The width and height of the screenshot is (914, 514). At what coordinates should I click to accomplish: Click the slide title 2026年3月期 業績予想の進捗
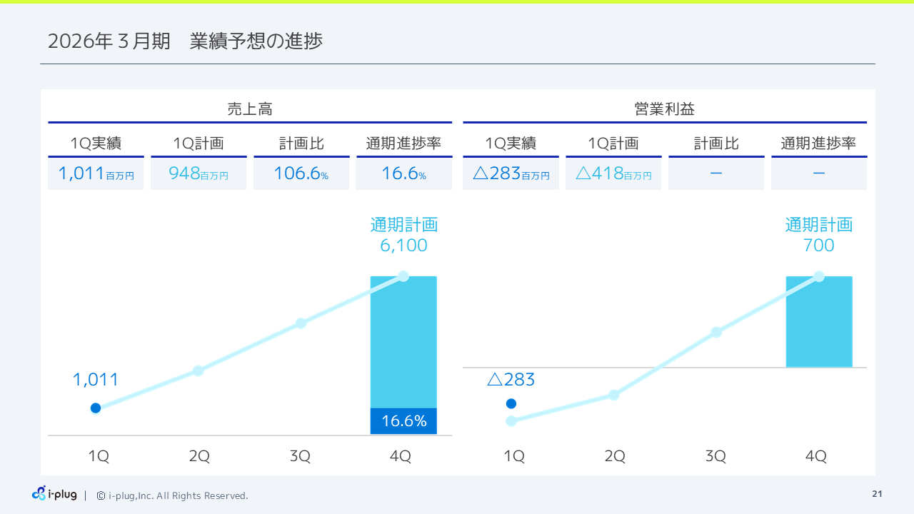pyautogui.click(x=185, y=41)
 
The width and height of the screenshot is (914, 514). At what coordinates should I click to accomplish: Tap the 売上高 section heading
pyautogui.click(x=250, y=109)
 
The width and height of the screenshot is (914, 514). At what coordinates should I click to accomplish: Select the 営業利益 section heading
pyautogui.click(x=665, y=109)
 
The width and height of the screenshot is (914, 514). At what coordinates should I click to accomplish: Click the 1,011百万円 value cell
pyautogui.click(x=96, y=174)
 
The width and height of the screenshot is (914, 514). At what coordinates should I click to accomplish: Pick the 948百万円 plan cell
pyautogui.click(x=199, y=174)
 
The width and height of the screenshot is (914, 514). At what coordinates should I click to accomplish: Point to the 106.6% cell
pyautogui.click(x=301, y=174)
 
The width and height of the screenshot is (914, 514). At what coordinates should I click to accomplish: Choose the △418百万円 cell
pyautogui.click(x=613, y=174)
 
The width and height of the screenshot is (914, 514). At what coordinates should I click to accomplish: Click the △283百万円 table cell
pyautogui.click(x=511, y=174)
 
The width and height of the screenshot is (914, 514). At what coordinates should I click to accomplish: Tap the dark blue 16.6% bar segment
pyautogui.click(x=403, y=421)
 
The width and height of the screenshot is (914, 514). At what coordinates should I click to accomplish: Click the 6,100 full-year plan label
pyautogui.click(x=403, y=246)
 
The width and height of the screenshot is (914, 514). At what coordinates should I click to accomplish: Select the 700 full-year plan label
pyautogui.click(x=818, y=246)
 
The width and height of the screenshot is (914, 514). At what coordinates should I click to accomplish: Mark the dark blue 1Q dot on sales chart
pyautogui.click(x=96, y=408)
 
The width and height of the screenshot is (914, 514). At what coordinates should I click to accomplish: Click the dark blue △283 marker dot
pyautogui.click(x=511, y=403)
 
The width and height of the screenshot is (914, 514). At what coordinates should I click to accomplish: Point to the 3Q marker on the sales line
pyautogui.click(x=301, y=323)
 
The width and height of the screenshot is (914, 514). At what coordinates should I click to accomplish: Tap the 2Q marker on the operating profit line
pyautogui.click(x=613, y=395)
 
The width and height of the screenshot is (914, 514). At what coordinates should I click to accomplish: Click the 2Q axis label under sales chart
pyautogui.click(x=199, y=456)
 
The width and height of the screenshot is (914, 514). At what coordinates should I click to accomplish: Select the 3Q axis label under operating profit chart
pyautogui.click(x=715, y=456)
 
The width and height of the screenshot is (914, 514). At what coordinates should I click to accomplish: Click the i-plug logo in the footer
pyautogui.click(x=54, y=494)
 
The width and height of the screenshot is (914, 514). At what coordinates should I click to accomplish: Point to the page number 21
pyautogui.click(x=877, y=494)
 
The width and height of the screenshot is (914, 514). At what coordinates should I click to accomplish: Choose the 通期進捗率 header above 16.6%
pyautogui.click(x=403, y=143)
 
